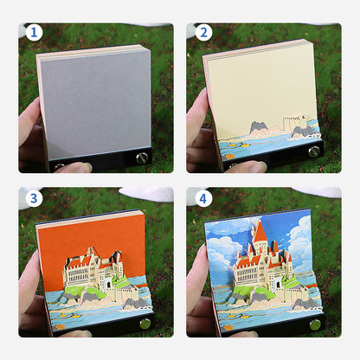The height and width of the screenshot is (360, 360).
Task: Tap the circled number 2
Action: click(x=203, y=33)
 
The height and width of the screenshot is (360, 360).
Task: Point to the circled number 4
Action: click(x=203, y=198)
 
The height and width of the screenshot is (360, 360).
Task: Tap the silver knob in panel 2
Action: click(x=313, y=151)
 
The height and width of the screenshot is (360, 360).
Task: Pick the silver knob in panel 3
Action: click(x=145, y=323)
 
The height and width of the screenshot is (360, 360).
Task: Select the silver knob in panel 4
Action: click(x=314, y=324)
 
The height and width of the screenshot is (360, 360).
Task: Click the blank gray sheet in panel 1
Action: click(x=93, y=102)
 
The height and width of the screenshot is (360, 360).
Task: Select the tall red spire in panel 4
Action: click(x=260, y=231)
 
